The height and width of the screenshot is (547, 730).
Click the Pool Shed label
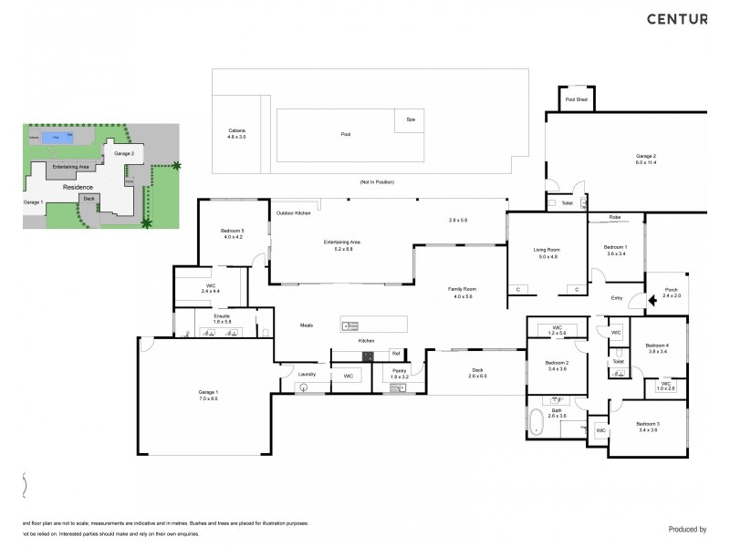coord(576,98)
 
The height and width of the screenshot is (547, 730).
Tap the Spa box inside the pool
coord(411,119)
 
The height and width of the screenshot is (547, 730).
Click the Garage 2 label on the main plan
coord(646,159)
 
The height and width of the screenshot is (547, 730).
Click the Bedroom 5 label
coord(233,234)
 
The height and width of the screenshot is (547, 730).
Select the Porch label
coord(671,292)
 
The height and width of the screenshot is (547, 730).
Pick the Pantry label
coord(400,372)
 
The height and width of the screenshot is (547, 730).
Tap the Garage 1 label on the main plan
coord(208,395)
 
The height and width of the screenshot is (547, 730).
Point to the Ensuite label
coord(223,318)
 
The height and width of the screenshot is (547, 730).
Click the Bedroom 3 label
coord(649,427)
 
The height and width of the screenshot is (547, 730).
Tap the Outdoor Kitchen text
coord(294,213)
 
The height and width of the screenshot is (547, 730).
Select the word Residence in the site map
coord(78,186)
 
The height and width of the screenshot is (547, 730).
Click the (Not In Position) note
coord(377,182)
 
